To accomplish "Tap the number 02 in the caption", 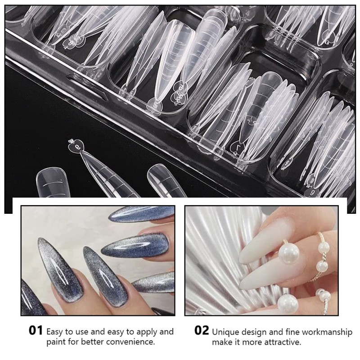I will click(202, 331).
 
